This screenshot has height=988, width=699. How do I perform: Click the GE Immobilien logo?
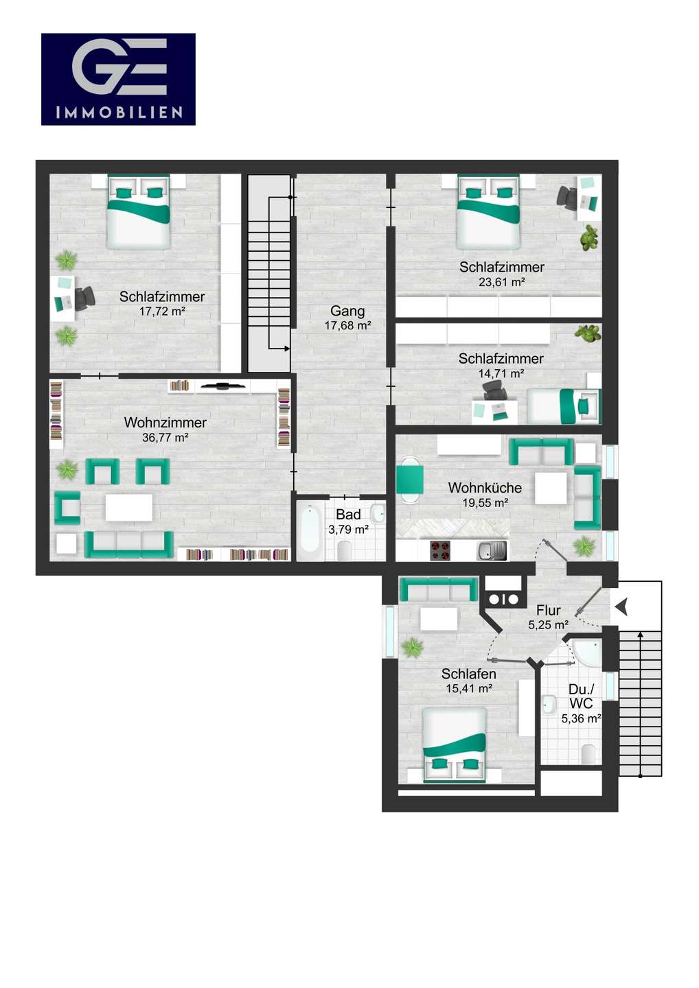click(x=118, y=79)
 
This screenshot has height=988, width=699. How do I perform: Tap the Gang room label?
click(x=347, y=311)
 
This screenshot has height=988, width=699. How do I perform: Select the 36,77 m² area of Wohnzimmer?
click(x=165, y=438)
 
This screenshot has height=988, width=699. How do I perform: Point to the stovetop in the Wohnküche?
click(x=440, y=550)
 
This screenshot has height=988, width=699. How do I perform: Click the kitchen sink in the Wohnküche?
click(x=491, y=550)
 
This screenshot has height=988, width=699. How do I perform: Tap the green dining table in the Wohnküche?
click(x=410, y=480)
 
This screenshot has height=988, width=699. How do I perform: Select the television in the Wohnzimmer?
click(x=222, y=386)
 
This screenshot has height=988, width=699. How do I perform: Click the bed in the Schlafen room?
click(x=455, y=745)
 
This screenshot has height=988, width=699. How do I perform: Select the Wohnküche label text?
click(x=485, y=488)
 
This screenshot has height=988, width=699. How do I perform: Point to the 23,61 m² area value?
click(x=502, y=282)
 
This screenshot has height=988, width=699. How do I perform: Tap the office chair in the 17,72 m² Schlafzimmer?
click(x=84, y=298)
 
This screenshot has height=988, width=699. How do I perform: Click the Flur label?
click(x=549, y=611)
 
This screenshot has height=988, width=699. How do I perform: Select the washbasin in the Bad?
click(x=378, y=513)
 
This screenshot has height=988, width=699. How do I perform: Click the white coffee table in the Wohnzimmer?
click(x=129, y=507)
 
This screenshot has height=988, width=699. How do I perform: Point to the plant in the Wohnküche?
click(x=584, y=546)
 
